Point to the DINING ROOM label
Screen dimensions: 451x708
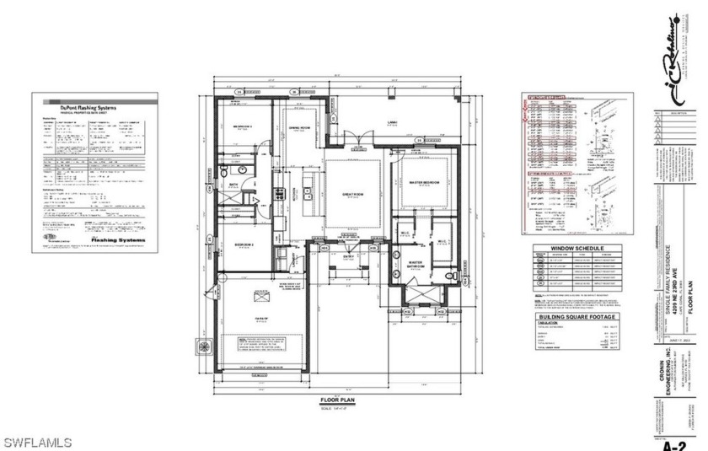pyautogui.click(x=301, y=127)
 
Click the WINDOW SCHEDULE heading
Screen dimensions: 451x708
pyautogui.click(x=578, y=249)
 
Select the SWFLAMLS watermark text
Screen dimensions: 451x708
pyautogui.click(x=38, y=442)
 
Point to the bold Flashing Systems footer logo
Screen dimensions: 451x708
pyautogui.click(x=116, y=239)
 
